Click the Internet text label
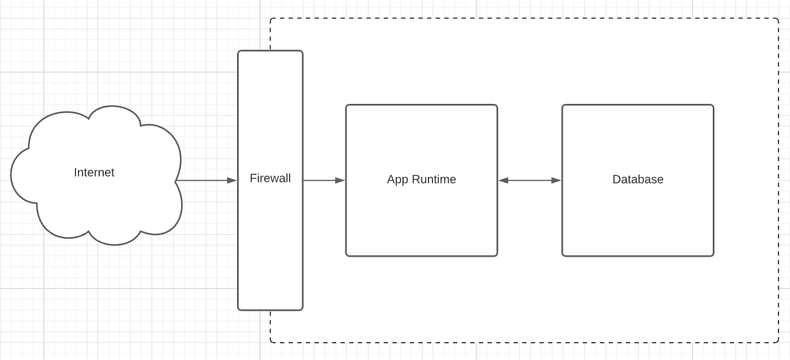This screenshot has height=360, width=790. click(x=94, y=172)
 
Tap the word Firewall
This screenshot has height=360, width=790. click(x=270, y=178)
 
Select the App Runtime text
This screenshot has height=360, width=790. click(x=422, y=179)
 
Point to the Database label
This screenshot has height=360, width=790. click(x=638, y=179)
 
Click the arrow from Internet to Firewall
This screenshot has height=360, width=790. click(x=206, y=181)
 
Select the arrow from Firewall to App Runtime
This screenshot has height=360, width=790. click(x=324, y=181)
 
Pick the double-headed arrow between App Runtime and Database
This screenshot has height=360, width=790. click(x=530, y=181)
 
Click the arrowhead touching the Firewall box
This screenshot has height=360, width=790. click(x=232, y=181)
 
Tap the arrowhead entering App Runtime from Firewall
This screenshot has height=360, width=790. click(x=340, y=181)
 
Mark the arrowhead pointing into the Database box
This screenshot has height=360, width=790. click(x=556, y=181)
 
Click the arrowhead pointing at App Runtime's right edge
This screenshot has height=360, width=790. click(x=503, y=181)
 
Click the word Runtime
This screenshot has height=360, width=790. click(x=434, y=179)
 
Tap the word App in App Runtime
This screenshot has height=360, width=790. click(x=398, y=180)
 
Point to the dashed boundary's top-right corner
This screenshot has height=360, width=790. click(x=778, y=18)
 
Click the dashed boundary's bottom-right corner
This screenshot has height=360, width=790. click(x=778, y=342)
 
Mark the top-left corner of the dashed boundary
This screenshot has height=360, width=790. click(x=270, y=18)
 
